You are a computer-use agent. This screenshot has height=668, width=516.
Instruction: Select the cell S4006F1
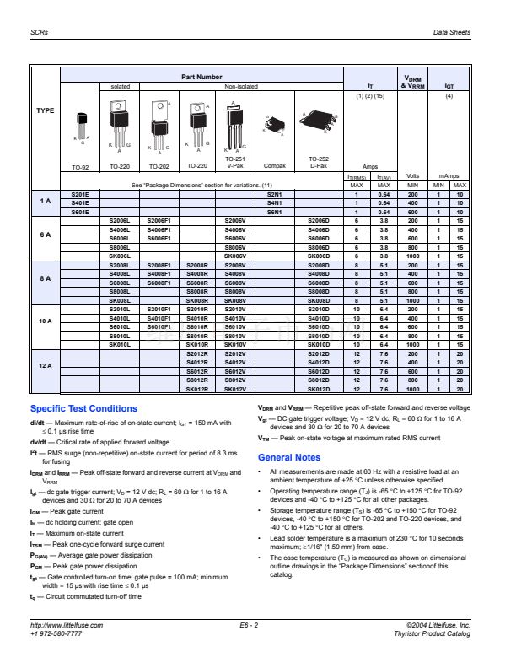(159, 230)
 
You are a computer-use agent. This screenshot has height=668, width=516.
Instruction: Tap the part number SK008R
(196, 301)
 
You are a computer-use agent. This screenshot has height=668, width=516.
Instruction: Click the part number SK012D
(320, 390)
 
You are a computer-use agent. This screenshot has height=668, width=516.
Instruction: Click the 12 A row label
(45, 366)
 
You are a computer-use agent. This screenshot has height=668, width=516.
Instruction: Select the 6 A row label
(45, 235)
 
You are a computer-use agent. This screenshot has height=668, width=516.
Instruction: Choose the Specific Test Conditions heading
(83, 408)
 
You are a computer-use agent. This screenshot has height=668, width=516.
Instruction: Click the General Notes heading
(289, 457)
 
